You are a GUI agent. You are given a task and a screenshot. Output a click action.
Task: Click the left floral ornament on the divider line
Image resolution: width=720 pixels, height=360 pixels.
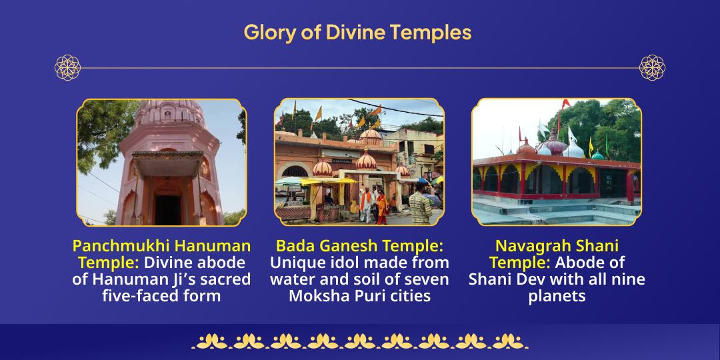pos(67,67)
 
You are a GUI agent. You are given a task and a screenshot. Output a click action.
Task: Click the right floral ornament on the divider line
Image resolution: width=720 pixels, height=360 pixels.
pos(652,67)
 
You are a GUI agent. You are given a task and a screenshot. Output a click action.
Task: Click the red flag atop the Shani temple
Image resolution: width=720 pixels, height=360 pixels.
pos(565,104)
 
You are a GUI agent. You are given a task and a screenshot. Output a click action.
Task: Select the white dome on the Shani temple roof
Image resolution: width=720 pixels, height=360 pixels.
pos(573,148)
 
